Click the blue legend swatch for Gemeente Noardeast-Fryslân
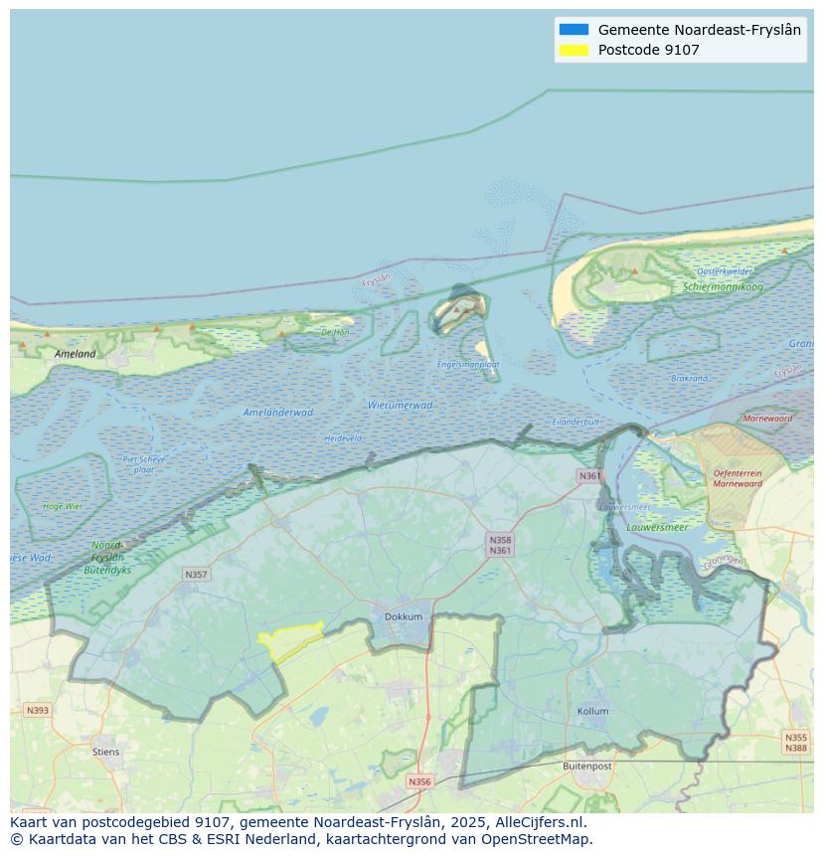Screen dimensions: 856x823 point(574,30)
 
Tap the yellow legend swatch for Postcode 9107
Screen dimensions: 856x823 point(574,50)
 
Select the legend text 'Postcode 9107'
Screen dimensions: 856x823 point(648,50)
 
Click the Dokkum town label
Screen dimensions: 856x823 point(404,616)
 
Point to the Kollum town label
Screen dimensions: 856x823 point(592,712)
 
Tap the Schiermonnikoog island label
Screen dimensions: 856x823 point(723,287)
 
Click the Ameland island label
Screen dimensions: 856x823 point(76,353)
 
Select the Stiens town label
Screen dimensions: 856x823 point(105,752)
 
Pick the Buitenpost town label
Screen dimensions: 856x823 point(587,767)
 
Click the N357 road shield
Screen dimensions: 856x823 point(196,575)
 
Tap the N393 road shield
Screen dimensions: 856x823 point(37,710)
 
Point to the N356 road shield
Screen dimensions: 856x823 point(419,781)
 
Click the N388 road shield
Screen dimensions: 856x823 point(795,749)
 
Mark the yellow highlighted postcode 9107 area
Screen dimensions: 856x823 point(289,641)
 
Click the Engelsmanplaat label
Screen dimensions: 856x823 point(468,365)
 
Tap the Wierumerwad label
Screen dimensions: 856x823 point(401,406)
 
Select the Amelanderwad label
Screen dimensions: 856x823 point(278,413)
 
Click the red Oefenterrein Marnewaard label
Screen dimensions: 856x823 point(738,479)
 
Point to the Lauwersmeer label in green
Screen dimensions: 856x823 point(657,527)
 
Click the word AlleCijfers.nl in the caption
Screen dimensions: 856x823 point(542,822)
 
